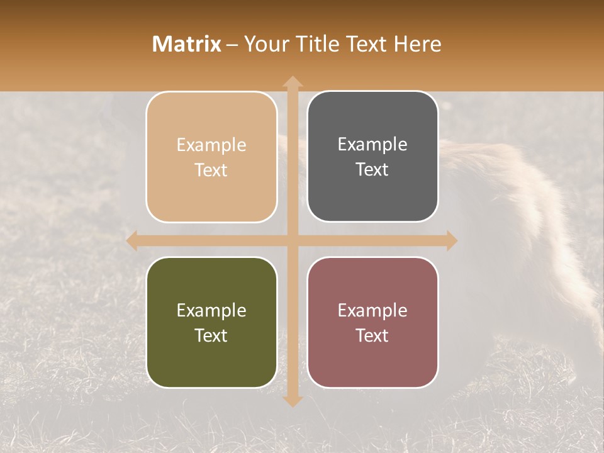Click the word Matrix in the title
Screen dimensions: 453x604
pyautogui.click(x=187, y=44)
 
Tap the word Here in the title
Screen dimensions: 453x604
pyautogui.click(x=418, y=44)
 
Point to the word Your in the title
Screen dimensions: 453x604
pyautogui.click(x=264, y=44)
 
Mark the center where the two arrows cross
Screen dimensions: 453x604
pyautogui.click(x=292, y=240)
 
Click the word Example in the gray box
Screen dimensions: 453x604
pyautogui.click(x=372, y=145)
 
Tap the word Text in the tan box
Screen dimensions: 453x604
pyautogui.click(x=211, y=171)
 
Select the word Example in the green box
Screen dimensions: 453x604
pyautogui.click(x=211, y=310)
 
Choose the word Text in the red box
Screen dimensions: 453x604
pyautogui.click(x=372, y=335)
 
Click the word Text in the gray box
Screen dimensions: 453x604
pyautogui.click(x=372, y=170)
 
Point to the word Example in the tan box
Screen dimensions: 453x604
pyautogui.click(x=211, y=145)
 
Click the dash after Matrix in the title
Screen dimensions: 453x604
pyautogui.click(x=232, y=45)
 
